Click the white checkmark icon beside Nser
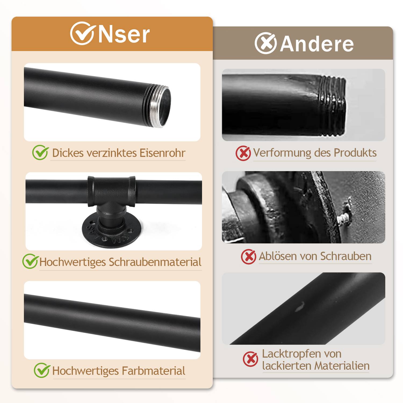82,33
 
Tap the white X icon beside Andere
265,43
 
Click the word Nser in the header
124,34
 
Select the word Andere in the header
317,44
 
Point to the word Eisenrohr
163,153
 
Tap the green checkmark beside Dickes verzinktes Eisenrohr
41,152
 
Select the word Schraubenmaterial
155,262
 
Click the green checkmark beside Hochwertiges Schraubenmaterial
30,261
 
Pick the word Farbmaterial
154,371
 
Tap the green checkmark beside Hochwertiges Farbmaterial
42,370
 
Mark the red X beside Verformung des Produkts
243,153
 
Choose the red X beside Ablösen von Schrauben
249,257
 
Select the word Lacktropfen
292,354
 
